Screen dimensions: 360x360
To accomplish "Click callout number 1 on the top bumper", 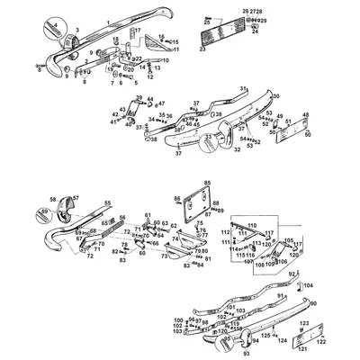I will [107, 20].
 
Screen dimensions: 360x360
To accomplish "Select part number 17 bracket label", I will [138, 30].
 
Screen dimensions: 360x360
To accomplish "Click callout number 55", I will [108, 203].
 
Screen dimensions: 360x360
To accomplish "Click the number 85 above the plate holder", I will [207, 184].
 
